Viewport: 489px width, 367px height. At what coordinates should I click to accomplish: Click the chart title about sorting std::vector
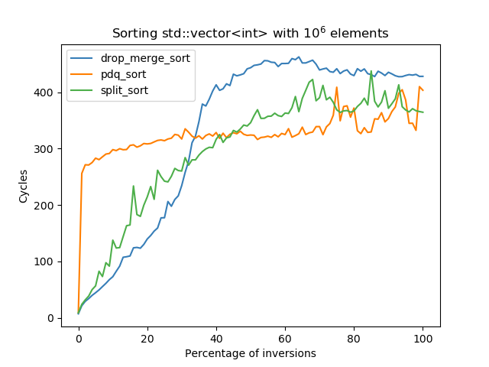(250, 34)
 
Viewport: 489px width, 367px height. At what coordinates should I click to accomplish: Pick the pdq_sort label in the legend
(121, 75)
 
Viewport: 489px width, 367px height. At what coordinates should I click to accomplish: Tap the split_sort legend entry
(124, 89)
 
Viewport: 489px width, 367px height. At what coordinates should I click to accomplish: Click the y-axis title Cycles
(24, 186)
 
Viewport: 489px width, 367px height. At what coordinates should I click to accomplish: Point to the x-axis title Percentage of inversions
(250, 353)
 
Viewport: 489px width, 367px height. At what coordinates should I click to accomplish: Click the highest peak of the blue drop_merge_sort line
(299, 57)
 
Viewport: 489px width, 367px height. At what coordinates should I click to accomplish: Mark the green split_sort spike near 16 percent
(134, 186)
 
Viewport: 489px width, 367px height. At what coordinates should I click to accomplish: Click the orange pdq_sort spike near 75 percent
(337, 87)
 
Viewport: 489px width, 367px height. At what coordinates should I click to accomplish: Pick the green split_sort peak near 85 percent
(371, 72)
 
